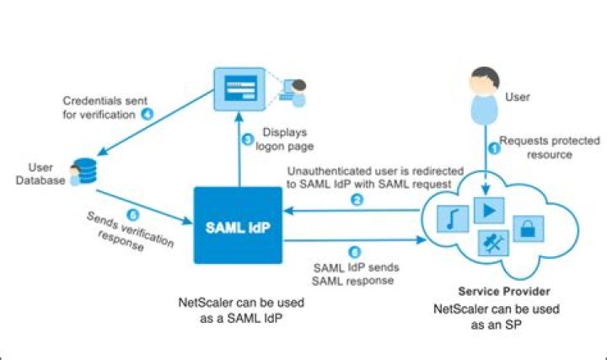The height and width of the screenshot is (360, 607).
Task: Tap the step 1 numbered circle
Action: tap(494, 148)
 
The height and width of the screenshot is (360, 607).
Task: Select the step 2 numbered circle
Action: tap(357, 200)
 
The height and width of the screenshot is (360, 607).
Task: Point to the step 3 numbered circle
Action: tap(246, 139)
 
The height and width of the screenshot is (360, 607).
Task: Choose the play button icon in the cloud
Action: tap(487, 208)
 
